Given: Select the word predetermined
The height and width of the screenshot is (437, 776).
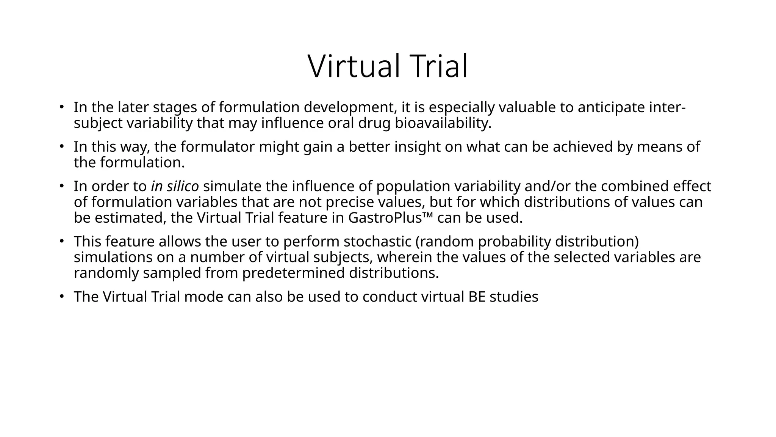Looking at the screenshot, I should [293, 273].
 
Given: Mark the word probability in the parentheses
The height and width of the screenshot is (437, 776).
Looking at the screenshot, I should [512, 241].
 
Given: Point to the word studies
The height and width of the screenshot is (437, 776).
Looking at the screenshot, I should [514, 297].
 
